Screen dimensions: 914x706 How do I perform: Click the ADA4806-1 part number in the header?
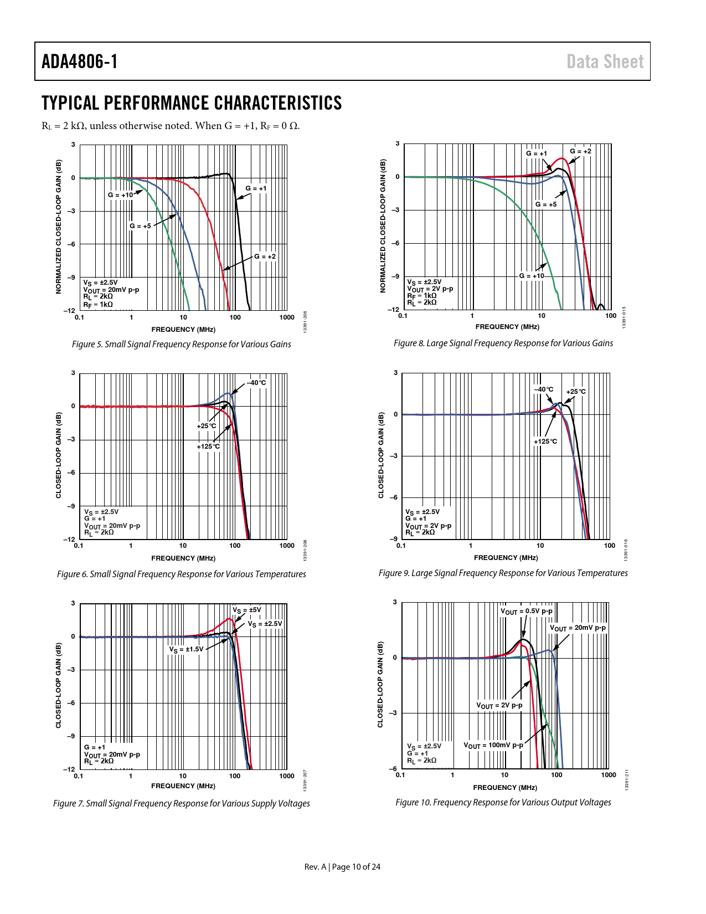(79, 61)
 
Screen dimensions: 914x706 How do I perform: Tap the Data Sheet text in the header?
(605, 61)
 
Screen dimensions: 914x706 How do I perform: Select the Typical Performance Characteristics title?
(192, 103)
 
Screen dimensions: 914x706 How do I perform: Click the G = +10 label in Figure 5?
(120, 195)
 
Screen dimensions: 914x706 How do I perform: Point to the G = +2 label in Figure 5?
(265, 256)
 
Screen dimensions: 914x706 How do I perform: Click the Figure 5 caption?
(181, 344)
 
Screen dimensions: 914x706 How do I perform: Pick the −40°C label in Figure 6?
(256, 383)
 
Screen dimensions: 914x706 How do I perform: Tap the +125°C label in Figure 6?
(208, 446)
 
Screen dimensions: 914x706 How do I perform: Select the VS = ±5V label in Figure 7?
(246, 610)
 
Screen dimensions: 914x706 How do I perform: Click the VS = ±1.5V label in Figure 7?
(186, 649)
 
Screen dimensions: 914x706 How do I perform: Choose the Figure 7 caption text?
(181, 803)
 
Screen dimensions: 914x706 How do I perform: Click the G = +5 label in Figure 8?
(545, 204)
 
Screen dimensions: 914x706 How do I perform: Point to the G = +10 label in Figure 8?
(531, 276)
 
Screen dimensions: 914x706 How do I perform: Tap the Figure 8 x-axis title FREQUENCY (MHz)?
(507, 326)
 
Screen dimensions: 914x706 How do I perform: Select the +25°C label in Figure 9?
(576, 392)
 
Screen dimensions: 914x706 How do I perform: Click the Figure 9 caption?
(503, 573)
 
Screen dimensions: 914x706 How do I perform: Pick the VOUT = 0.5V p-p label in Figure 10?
(526, 612)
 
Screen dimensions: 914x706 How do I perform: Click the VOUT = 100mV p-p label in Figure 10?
(493, 745)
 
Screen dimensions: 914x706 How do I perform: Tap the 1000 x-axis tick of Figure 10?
(608, 775)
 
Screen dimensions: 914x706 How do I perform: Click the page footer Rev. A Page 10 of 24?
(342, 867)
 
